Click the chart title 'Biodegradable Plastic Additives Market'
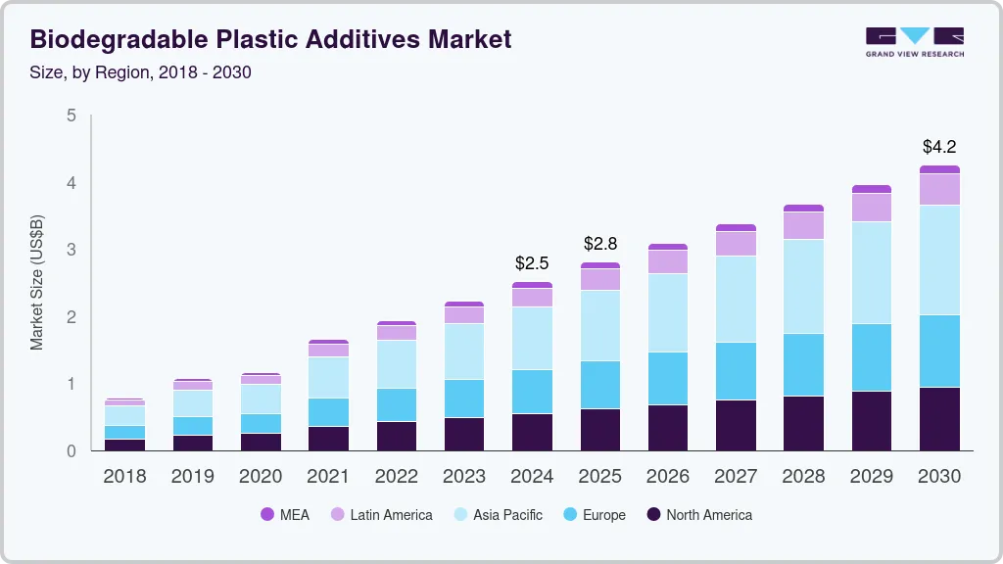pos(270,39)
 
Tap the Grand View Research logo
pos(914,41)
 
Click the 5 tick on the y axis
pos(71,116)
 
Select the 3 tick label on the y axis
pos(71,250)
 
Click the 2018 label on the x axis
pos(124,477)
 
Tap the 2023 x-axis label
pos(464,477)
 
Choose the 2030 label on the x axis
pos(939,477)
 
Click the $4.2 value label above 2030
pos(939,147)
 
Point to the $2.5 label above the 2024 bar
pos(532,263)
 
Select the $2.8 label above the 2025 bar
pos(600,243)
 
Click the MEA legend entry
pos(285,515)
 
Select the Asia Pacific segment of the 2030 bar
pos(939,259)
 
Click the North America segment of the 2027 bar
pos(736,425)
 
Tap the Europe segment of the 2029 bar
pos(872,357)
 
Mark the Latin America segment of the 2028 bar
pos(803,225)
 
